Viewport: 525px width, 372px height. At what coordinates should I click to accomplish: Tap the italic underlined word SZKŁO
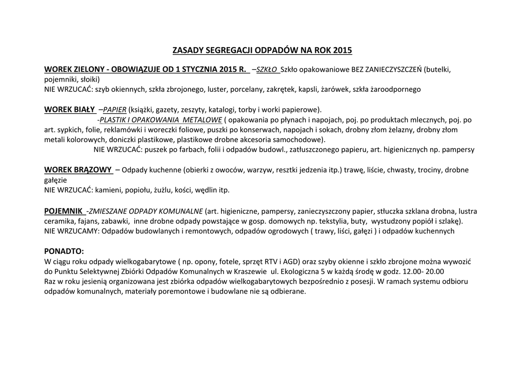[x=267, y=69]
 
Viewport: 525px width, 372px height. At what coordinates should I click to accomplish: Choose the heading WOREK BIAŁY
[x=70, y=109]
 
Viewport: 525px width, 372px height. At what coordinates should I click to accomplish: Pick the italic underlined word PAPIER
[x=115, y=109]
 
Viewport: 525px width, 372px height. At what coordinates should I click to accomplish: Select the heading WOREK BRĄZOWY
[x=78, y=170]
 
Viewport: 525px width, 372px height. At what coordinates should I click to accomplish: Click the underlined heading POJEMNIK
[x=64, y=210]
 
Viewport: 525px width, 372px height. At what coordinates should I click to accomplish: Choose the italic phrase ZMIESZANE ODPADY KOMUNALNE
[x=146, y=210]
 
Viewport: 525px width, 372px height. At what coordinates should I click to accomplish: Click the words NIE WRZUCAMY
[x=72, y=231]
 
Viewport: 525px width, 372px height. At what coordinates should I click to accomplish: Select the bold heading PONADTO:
[x=64, y=251]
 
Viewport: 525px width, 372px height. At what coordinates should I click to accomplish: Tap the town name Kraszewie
[x=249, y=271]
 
